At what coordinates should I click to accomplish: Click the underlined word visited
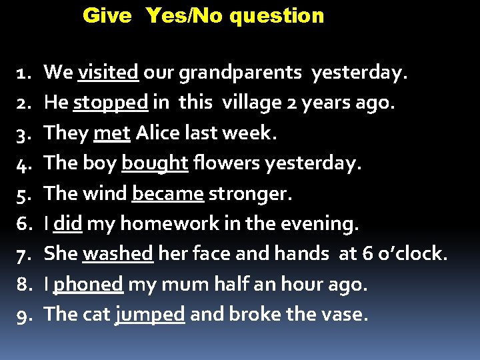(x=108, y=72)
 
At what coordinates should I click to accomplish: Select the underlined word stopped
(x=111, y=103)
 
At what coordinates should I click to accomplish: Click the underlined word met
(x=111, y=133)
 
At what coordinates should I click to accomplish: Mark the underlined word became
(x=168, y=193)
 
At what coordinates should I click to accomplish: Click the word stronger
(x=250, y=193)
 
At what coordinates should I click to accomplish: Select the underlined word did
(x=67, y=224)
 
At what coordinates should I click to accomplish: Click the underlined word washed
(x=118, y=254)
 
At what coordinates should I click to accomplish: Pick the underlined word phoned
(x=88, y=285)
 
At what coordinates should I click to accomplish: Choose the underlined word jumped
(x=150, y=315)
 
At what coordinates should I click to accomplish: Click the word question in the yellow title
(x=276, y=16)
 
